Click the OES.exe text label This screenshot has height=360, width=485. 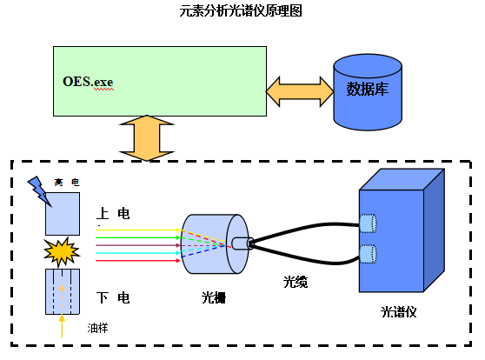click(x=88, y=82)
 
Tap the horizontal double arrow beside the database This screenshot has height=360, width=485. click(x=299, y=88)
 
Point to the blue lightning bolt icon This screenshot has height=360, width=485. click(x=39, y=187)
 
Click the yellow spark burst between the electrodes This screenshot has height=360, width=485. click(x=63, y=253)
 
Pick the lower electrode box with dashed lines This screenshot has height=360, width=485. click(x=63, y=291)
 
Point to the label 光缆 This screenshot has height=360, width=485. click(x=296, y=283)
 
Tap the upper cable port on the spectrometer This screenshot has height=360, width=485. click(x=368, y=223)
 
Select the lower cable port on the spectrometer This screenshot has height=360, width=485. click(x=368, y=255)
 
